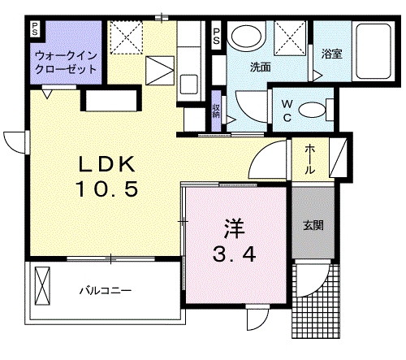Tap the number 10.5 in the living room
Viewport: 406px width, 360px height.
pyautogui.click(x=109, y=190)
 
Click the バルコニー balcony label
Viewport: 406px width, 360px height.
pyautogui.click(x=105, y=290)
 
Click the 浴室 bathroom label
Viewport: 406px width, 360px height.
pyautogui.click(x=331, y=56)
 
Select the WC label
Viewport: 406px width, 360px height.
pyautogui.click(x=288, y=109)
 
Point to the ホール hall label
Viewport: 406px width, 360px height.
pyautogui.click(x=310, y=159)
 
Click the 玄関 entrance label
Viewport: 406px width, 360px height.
pyautogui.click(x=313, y=225)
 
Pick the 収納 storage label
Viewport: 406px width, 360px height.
pyautogui.click(x=217, y=111)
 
